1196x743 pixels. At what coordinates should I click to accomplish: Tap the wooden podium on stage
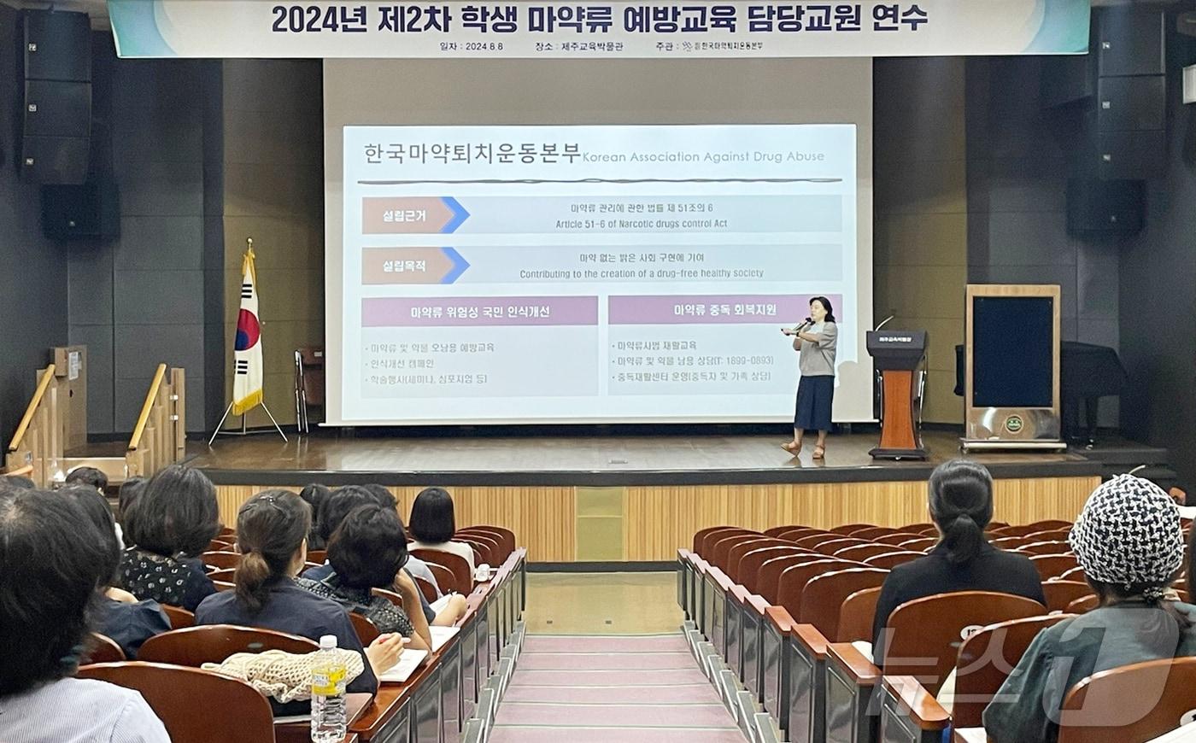897,393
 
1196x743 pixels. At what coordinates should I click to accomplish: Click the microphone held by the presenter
803,324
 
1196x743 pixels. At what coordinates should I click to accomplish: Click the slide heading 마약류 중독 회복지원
724,310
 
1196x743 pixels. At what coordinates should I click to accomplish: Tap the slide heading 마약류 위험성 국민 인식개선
479,312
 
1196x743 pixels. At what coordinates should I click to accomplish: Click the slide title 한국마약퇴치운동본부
472,154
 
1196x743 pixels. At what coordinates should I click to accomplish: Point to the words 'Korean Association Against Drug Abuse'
703,157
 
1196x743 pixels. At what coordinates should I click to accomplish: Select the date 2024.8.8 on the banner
484,46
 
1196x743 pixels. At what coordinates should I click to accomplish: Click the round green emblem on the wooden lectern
1013,424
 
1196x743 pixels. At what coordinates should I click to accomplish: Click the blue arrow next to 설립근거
455,215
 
